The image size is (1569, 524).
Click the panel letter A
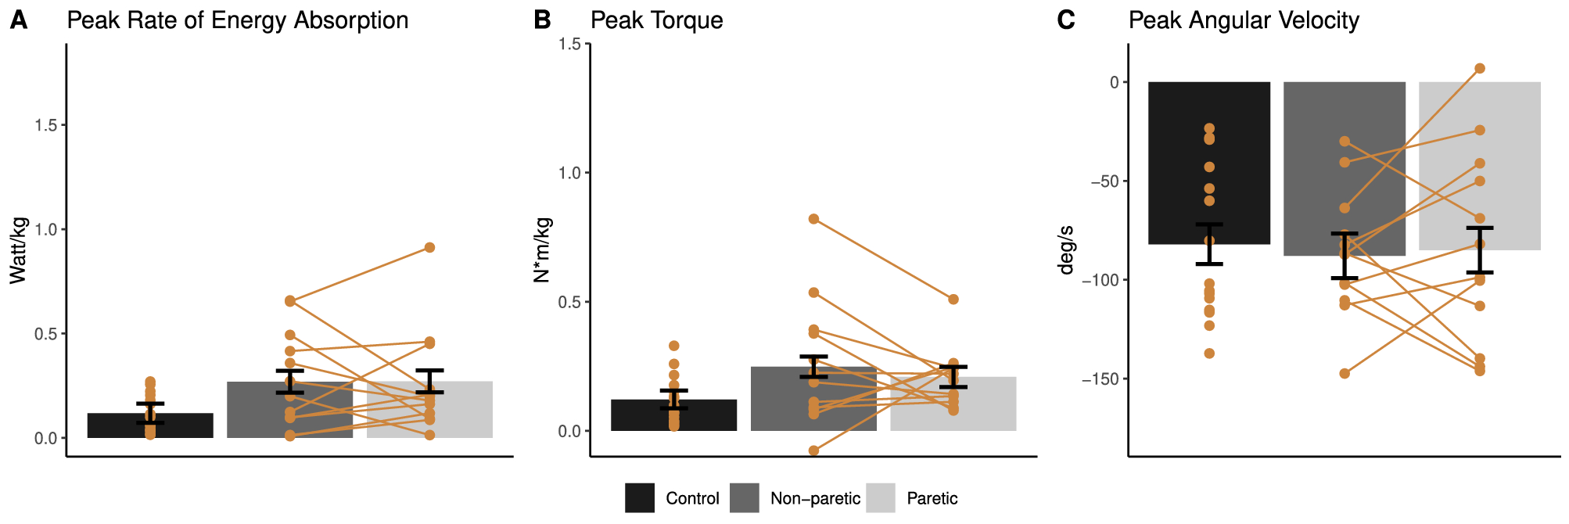(x=18, y=20)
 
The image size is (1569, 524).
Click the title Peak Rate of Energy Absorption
(x=237, y=20)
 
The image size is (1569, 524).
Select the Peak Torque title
(x=656, y=20)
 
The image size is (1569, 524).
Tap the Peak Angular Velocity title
(x=1243, y=20)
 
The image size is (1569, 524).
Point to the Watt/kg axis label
(x=18, y=250)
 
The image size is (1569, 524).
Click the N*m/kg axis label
(x=541, y=249)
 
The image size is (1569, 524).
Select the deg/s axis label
(x=1065, y=250)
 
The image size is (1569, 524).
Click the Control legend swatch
(x=639, y=498)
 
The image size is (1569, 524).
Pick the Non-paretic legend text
(x=814, y=499)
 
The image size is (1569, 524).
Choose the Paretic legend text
(x=932, y=499)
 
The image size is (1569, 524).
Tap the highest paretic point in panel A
(x=429, y=247)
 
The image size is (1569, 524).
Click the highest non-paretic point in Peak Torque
(x=813, y=219)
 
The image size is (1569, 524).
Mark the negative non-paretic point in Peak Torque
(x=813, y=450)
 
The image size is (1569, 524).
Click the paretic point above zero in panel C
(x=1480, y=69)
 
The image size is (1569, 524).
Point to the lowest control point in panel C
(x=1209, y=354)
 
